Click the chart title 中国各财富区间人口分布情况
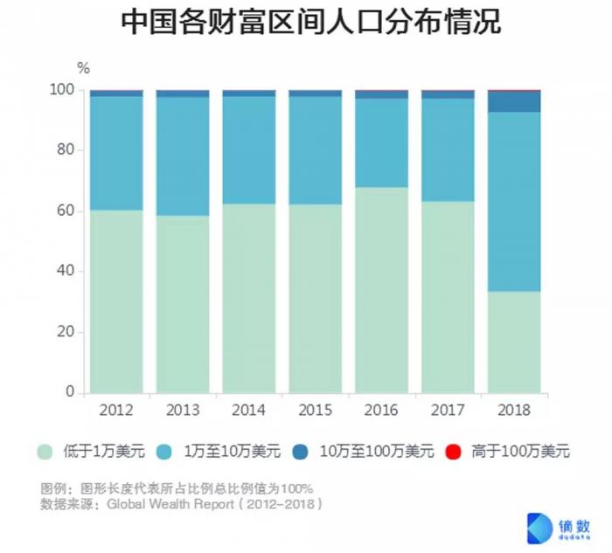[306, 24]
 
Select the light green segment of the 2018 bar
[514, 342]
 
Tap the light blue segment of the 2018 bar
[514, 201]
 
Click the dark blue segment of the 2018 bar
[514, 101]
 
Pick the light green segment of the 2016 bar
[381, 289]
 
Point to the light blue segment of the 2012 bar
[116, 153]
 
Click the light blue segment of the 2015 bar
[315, 150]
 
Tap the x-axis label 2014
[248, 410]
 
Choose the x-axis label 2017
[448, 410]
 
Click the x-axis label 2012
[116, 410]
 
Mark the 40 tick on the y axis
[65, 272]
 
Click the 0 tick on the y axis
[69, 393]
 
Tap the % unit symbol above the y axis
[83, 67]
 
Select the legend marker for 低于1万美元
[45, 452]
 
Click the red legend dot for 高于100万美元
[453, 452]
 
